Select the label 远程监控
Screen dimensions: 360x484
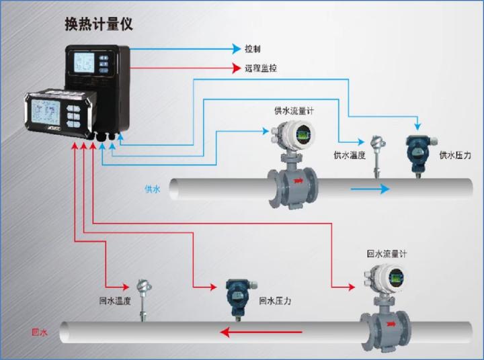click(261, 69)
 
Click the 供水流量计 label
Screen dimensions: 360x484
click(294, 109)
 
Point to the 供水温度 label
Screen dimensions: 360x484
click(350, 155)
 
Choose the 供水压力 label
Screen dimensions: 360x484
click(455, 155)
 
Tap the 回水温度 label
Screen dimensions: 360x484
click(115, 300)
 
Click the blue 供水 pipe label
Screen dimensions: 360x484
click(153, 189)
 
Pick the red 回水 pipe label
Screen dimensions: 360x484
click(40, 332)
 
